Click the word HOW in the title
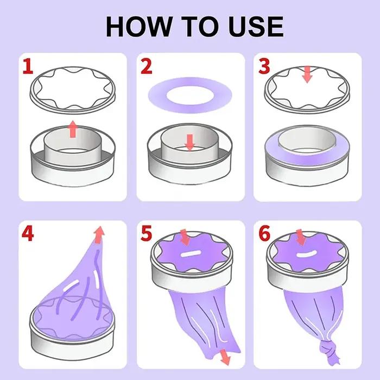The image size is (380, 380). pyautogui.click(x=138, y=27)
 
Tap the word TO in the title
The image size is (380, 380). pyautogui.click(x=199, y=27)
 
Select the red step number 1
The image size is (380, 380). pyautogui.click(x=28, y=66)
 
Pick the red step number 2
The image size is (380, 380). pyautogui.click(x=147, y=66)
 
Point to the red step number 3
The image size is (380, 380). pyautogui.click(x=264, y=66)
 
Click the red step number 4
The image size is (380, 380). pyautogui.click(x=28, y=233)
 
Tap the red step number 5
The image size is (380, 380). pyautogui.click(x=147, y=233)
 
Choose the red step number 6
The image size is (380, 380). pyautogui.click(x=264, y=233)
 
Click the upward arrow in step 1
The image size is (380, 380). pyautogui.click(x=73, y=129)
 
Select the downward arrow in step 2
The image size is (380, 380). pyautogui.click(x=190, y=142)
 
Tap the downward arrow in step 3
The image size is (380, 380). pyautogui.click(x=307, y=74)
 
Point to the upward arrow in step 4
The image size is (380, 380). pyautogui.click(x=99, y=235)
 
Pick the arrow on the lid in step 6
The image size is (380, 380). pyautogui.click(x=301, y=238)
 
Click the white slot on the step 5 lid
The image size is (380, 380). pyautogui.click(x=191, y=254)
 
